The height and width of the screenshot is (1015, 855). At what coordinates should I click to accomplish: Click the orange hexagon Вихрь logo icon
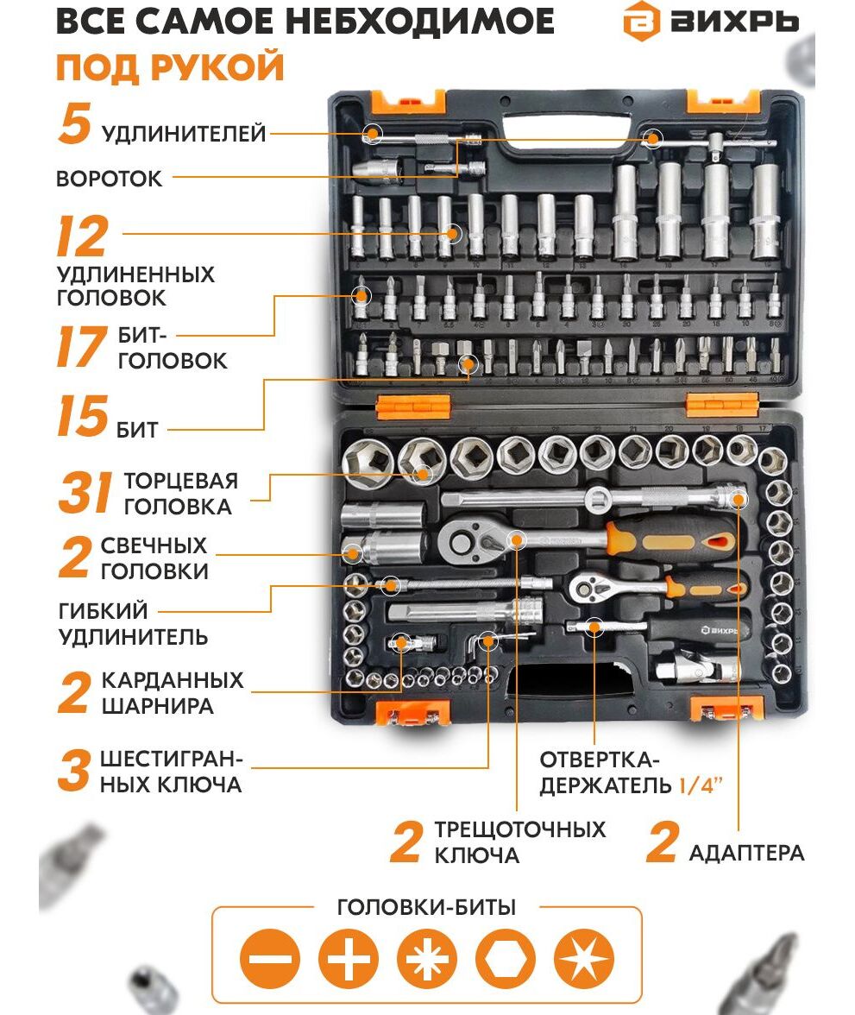(641, 22)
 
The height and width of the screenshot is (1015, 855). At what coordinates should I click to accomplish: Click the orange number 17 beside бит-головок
(81, 346)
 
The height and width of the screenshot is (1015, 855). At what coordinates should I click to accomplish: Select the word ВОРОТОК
(110, 179)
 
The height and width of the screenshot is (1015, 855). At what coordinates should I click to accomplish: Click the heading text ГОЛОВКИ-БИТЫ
(426, 907)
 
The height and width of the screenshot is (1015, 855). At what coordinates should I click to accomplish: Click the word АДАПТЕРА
(746, 853)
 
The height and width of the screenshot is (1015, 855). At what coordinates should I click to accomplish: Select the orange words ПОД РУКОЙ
(170, 66)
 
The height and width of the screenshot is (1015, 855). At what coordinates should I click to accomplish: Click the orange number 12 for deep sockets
(82, 236)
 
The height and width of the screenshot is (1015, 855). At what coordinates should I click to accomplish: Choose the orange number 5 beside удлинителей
(74, 123)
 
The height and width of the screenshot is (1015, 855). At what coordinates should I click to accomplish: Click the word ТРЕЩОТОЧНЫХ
(519, 830)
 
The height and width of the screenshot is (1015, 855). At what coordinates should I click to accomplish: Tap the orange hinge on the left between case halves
(413, 407)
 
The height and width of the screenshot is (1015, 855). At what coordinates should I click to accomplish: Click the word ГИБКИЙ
(103, 611)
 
